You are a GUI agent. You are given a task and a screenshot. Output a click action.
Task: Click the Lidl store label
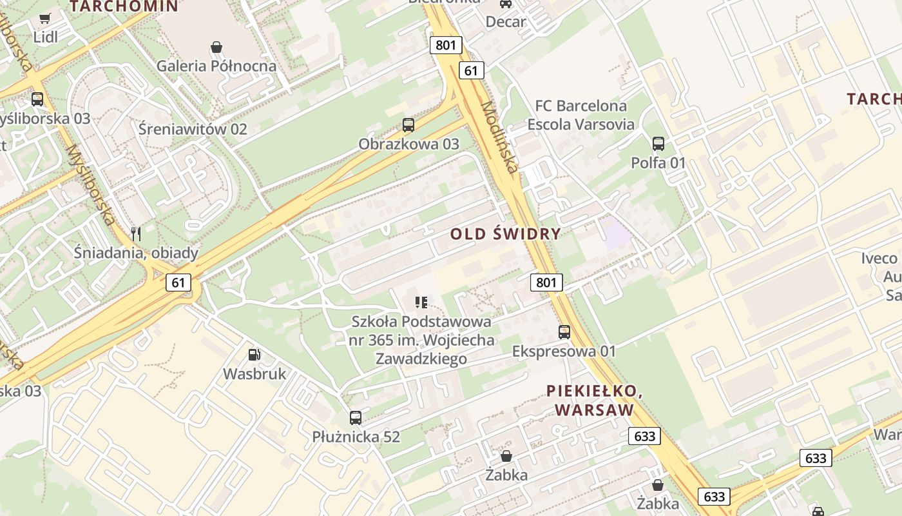point(45,37)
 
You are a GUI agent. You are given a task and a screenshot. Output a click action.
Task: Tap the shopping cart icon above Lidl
point(45,19)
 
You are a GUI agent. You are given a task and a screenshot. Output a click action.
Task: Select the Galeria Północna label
point(216,66)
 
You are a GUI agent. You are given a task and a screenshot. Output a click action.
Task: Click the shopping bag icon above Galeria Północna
point(216,47)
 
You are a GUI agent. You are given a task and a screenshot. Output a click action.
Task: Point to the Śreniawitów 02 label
point(193,129)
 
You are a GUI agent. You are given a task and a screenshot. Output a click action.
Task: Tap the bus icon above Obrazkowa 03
point(408,125)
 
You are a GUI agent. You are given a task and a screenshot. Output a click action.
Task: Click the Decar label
point(506,21)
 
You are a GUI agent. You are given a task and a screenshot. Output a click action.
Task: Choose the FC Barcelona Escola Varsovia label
point(581,115)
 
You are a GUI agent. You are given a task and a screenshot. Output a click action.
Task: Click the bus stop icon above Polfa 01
point(658,144)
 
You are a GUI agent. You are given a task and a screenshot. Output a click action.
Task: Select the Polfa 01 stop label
point(658,163)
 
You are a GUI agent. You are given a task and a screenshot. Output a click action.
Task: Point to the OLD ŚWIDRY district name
point(505,233)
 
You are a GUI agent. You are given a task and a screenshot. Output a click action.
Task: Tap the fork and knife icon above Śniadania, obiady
point(136,233)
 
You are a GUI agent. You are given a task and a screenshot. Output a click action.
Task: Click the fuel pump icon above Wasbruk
point(254,355)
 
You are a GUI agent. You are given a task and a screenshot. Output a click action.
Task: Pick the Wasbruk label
point(254,373)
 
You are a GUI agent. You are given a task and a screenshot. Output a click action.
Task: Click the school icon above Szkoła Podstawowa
point(422,302)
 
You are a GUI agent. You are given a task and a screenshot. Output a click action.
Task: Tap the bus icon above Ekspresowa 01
point(564,332)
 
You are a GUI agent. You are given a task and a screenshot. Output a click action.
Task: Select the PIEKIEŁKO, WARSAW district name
point(594,400)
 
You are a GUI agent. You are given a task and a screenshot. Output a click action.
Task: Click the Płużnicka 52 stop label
point(356,437)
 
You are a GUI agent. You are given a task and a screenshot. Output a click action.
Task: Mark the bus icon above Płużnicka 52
point(356,418)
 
